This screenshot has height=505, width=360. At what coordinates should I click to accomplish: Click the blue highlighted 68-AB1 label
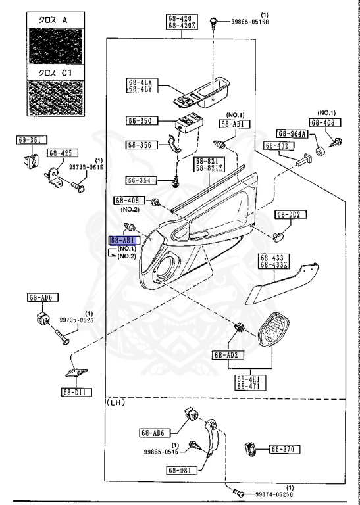[123, 241]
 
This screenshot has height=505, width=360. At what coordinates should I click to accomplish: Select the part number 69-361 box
[28, 139]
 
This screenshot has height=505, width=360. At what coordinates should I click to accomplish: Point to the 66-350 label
[140, 120]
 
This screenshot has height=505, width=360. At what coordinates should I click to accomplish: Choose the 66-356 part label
[140, 145]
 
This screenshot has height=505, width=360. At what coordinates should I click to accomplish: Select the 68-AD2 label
[225, 355]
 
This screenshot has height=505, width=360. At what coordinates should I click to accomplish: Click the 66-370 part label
[284, 450]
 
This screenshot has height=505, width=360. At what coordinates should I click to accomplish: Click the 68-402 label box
[278, 145]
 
